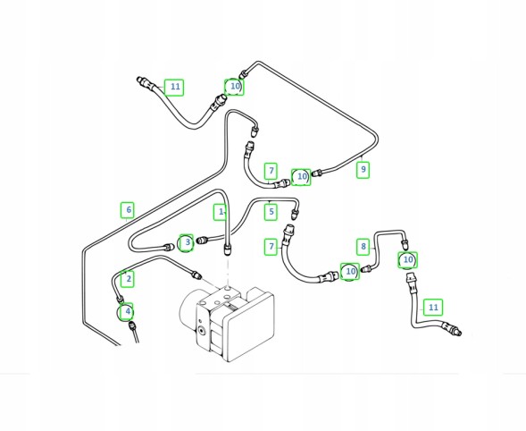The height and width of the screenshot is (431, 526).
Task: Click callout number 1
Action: [x=220, y=212]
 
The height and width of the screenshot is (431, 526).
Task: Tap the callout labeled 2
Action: [x=128, y=278]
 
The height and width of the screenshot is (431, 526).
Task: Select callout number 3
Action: [x=187, y=242]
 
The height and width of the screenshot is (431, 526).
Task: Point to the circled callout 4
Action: [x=127, y=311]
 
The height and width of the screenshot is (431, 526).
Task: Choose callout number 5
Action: [x=271, y=212]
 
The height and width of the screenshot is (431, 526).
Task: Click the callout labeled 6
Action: [x=128, y=210]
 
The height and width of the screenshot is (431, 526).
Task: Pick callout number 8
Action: [x=363, y=247]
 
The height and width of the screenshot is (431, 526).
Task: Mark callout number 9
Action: [x=363, y=170]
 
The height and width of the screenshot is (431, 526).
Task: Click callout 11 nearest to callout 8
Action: [x=433, y=307]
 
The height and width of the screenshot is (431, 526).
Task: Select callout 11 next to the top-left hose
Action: [x=174, y=87]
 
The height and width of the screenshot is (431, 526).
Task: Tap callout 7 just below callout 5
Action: [x=271, y=247]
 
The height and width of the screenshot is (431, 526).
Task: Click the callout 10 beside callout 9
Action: [x=301, y=177]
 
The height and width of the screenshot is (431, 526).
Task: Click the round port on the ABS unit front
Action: [x=201, y=331]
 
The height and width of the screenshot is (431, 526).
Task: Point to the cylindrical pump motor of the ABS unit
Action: [x=188, y=309]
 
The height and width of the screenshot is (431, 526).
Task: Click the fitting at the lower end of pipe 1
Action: [x=228, y=249]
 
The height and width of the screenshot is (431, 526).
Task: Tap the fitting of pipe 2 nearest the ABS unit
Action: [x=196, y=275]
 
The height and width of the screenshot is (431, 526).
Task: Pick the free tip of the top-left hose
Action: [x=138, y=80]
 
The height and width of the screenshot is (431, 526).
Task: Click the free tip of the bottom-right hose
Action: [x=459, y=333]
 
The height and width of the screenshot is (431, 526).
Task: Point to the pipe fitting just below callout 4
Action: [x=132, y=325]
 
